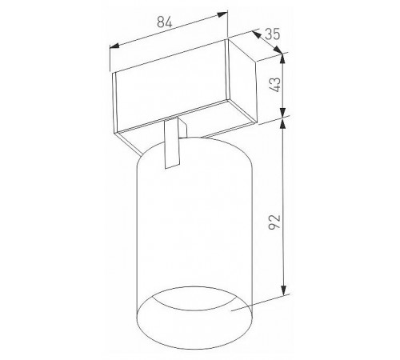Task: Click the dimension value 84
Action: pyautogui.click(x=165, y=22)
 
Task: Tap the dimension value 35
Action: pyautogui.click(x=272, y=34)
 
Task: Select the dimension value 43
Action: pyautogui.click(x=275, y=85)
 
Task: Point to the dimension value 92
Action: pyautogui.click(x=274, y=222)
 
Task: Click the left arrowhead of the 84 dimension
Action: pyautogui.click(x=114, y=46)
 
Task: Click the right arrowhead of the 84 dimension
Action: pyautogui.click(x=223, y=14)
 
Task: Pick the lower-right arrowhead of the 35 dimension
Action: pyautogui.click(x=278, y=50)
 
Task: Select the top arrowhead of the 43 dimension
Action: pyautogui.click(x=283, y=58)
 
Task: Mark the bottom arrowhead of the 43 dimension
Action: pyautogui.click(x=283, y=112)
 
